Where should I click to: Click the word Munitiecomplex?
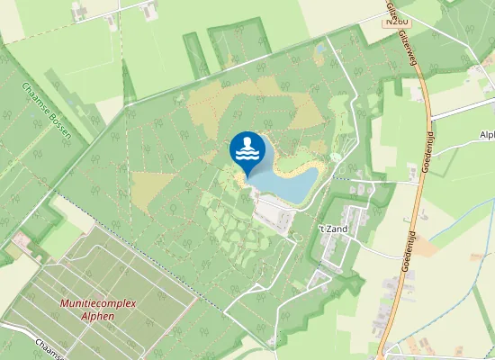point(100,303)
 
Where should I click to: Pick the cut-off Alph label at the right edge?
point(487,135)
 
